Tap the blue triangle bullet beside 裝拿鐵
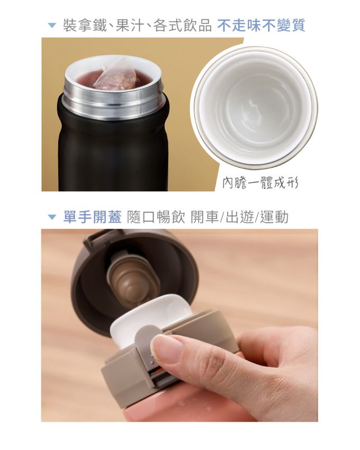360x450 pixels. tap(52, 25)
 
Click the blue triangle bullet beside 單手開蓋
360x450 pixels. tap(52, 217)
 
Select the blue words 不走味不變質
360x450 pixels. tap(261, 25)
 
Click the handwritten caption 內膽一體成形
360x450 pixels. tap(260, 182)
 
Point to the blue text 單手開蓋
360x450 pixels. tap(93, 217)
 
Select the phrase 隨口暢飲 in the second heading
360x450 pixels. tap(156, 217)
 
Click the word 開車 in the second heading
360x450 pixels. tap(205, 217)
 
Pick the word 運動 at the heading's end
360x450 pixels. tap(274, 217)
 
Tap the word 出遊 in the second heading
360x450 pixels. tap(239, 217)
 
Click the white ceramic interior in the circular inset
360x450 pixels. tap(254, 107)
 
